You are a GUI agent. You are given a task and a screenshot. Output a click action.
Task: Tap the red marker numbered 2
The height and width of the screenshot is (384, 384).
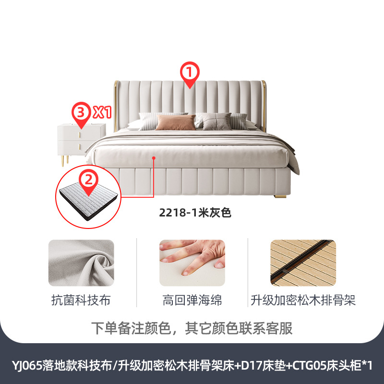[88, 181]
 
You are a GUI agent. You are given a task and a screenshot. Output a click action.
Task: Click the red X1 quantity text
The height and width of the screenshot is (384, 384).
[102, 113]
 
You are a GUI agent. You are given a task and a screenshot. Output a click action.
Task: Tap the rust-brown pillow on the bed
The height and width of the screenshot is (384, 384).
[176, 123]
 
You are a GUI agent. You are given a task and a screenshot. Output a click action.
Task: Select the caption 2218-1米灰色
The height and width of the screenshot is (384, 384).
[196, 213]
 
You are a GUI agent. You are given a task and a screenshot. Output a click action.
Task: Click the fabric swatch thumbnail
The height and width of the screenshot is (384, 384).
[81, 263]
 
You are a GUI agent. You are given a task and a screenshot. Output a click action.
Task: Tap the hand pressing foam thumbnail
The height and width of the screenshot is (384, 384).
[192, 263]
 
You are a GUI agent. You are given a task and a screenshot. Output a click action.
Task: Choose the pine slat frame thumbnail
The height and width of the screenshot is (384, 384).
[303, 263]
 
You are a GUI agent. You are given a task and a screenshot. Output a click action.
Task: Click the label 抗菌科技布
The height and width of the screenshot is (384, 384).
[81, 301]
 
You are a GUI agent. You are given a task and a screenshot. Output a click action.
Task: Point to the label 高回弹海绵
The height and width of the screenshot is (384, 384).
[192, 301]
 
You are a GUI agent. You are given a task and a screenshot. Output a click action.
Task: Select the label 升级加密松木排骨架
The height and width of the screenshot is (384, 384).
[303, 301]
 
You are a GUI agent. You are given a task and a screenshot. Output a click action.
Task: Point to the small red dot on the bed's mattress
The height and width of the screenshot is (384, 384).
[154, 157]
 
